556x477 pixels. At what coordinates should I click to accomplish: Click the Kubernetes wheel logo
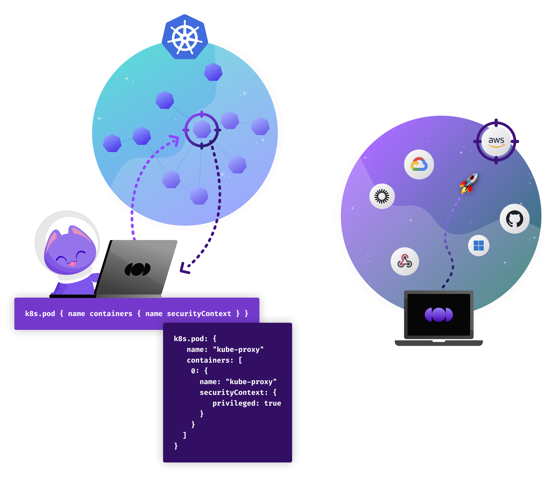point(185,38)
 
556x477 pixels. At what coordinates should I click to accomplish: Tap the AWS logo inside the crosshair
point(496,141)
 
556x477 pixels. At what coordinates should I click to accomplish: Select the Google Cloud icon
point(419,164)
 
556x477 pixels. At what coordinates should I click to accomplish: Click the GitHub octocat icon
point(514,219)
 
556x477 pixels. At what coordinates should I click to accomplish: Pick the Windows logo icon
point(478,245)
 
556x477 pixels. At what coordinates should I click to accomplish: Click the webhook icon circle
point(405,261)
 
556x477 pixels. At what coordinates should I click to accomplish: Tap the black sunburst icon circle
point(382,196)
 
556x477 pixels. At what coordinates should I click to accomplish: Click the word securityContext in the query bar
point(199,314)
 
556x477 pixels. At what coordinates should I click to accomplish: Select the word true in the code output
point(272,403)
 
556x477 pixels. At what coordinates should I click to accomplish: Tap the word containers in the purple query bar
point(111,314)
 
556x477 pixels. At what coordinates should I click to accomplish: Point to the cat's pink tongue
point(72,264)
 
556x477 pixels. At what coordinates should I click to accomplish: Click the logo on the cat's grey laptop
point(137,269)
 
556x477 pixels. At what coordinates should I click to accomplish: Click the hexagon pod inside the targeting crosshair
point(202,129)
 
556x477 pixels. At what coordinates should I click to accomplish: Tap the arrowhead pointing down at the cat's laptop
point(184,269)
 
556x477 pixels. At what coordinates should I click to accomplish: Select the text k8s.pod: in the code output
point(190,339)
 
